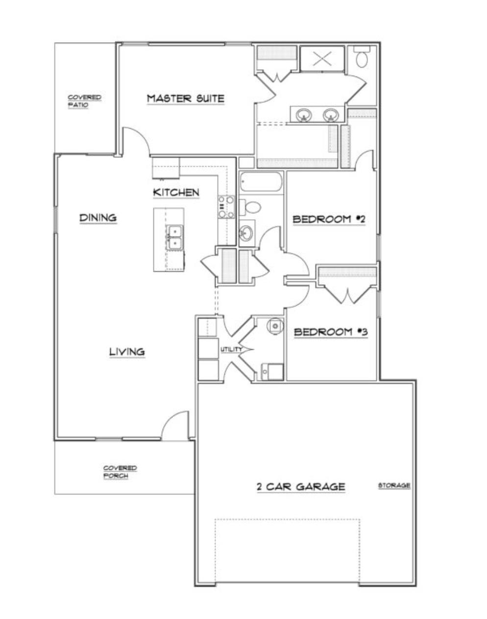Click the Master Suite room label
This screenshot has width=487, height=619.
point(185,99)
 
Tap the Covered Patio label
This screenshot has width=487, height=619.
point(84,101)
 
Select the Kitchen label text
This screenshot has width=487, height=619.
point(176,192)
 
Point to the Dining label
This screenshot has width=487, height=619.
point(98,218)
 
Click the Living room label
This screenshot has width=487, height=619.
point(127,352)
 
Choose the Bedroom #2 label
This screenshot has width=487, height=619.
point(329,219)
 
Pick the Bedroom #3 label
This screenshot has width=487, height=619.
point(331,333)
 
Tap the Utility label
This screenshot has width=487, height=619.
point(231,350)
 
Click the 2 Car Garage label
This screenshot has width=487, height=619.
point(301,487)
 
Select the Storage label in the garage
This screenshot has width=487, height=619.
point(394,486)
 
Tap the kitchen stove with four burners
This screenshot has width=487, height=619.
point(226,207)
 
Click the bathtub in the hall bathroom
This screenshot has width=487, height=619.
point(261,182)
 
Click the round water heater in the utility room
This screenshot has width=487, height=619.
point(275,326)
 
